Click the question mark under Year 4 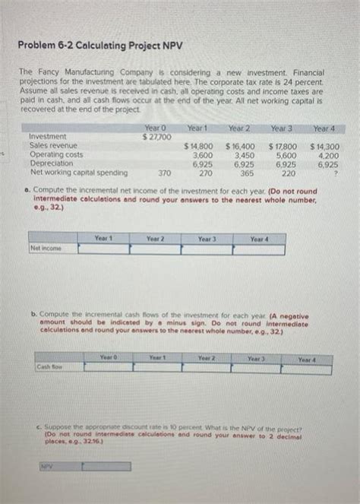336,173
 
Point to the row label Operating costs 55,154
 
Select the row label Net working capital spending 73,171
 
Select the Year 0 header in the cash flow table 107,357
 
